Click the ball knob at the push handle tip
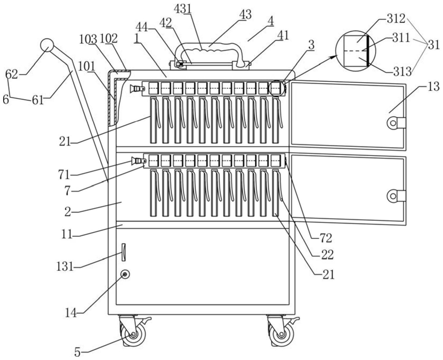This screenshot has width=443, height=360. point(47,45)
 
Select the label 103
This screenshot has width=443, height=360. point(88,39)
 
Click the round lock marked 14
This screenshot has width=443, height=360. point(125,274)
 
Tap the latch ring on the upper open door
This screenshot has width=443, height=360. point(393,123)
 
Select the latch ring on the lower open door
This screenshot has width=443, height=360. point(393,196)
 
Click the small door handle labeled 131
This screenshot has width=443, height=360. point(124,252)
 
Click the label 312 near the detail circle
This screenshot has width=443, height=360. point(397,19)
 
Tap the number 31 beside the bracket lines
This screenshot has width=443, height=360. point(433,45)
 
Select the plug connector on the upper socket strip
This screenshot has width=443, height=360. point(137,89)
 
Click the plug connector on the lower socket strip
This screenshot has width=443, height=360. point(138,161)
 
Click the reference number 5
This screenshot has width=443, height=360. point(77,353)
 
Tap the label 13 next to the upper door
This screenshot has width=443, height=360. point(433,87)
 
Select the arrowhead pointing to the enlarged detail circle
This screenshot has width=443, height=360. point(334,57)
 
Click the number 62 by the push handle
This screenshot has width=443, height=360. point(12,74)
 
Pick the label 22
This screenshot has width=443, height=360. point(327,255)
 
